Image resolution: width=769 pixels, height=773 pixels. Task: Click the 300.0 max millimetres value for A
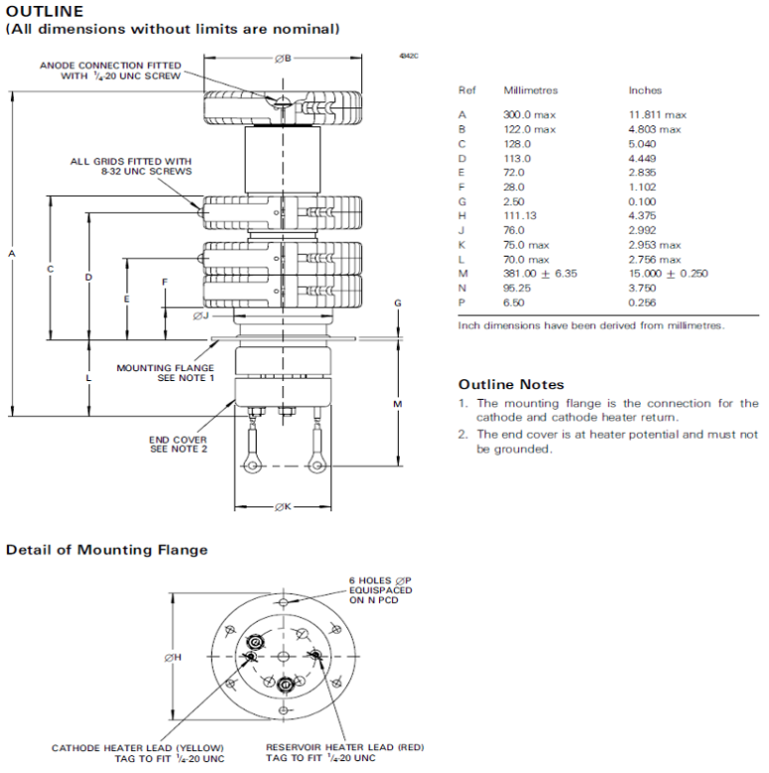529,114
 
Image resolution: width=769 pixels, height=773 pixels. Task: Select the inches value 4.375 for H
642,216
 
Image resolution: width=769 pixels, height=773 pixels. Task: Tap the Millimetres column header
530,91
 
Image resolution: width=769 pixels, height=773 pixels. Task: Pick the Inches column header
645,91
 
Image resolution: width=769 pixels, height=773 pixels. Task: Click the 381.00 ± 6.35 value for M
540,274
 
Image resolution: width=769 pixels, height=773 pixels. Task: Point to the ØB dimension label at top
283,59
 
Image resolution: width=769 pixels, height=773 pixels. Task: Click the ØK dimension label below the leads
283,506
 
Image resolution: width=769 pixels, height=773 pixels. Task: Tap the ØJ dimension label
201,315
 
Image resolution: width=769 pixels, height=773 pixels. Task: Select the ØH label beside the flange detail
173,658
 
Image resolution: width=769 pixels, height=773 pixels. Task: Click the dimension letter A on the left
12,254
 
